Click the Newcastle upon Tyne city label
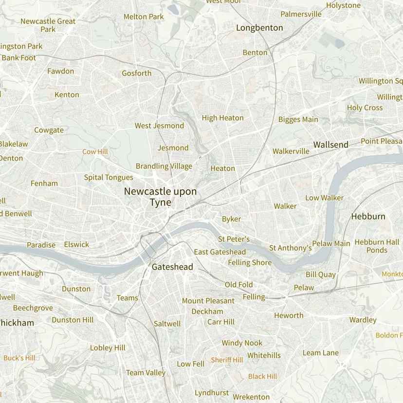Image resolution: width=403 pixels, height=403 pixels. click(160, 197)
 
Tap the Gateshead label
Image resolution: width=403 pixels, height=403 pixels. click(172, 267)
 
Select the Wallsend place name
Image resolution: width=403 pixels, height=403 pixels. click(331, 145)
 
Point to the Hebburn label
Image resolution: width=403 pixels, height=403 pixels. click(368, 217)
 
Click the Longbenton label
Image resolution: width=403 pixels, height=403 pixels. click(259, 28)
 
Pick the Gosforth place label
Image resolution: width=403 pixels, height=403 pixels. click(136, 73)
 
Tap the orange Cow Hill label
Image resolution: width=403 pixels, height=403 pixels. click(95, 152)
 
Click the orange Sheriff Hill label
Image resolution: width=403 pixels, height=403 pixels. click(227, 360)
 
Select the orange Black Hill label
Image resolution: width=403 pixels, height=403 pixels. click(262, 376)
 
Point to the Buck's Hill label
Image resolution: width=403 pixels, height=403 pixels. click(19, 358)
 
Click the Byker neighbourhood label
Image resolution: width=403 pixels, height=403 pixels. click(231, 219)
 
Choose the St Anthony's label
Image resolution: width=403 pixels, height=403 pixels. click(291, 248)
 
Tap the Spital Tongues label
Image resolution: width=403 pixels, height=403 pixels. click(109, 177)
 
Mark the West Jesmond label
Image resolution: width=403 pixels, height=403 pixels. click(159, 126)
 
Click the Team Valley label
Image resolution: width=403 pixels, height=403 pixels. click(146, 373)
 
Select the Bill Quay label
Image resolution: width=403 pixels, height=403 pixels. click(321, 275)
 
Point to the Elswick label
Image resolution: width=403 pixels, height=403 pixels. click(76, 244)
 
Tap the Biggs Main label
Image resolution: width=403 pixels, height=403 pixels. click(298, 119)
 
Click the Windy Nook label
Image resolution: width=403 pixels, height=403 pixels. click(242, 343)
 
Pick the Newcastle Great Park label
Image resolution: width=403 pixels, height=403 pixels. click(48, 25)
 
